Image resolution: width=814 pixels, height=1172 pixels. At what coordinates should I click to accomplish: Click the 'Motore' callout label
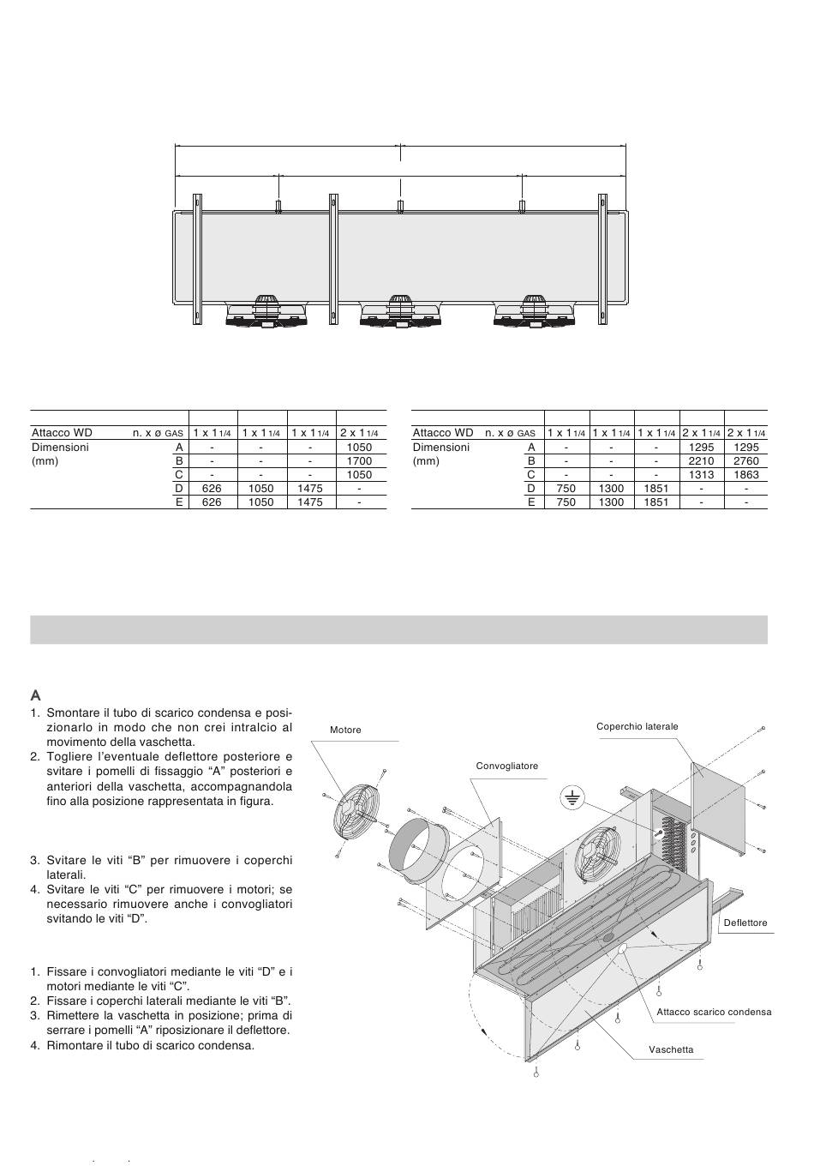(x=345, y=730)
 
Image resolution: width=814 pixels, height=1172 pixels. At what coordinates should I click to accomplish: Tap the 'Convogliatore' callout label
(x=507, y=766)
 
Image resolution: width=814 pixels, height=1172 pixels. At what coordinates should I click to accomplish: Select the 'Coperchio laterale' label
(x=637, y=726)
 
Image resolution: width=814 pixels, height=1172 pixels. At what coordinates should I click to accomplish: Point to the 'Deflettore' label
(x=745, y=923)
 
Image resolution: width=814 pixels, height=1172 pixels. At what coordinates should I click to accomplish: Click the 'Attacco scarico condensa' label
(x=714, y=1012)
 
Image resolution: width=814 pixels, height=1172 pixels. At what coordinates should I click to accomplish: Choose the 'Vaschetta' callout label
(x=671, y=1049)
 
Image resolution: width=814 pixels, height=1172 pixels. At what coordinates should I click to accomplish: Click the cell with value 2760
(x=746, y=460)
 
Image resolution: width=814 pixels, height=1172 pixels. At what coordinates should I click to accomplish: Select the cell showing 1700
(x=360, y=460)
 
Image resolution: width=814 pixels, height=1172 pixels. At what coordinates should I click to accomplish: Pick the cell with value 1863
(x=746, y=474)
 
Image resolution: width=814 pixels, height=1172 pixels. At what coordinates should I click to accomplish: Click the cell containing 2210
(x=701, y=460)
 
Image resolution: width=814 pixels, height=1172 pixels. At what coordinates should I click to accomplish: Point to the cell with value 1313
(x=701, y=474)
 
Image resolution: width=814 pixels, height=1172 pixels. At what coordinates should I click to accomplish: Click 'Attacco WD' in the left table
(x=62, y=433)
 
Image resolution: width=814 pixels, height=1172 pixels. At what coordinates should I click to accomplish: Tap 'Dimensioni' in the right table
(x=441, y=447)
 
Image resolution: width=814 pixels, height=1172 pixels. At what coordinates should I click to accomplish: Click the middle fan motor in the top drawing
(x=400, y=312)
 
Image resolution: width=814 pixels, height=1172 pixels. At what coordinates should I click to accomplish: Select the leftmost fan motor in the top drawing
(x=265, y=312)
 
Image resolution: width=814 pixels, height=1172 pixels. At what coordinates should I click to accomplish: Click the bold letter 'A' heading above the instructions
(x=36, y=695)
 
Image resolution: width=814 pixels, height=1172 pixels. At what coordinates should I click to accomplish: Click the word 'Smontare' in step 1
(x=75, y=713)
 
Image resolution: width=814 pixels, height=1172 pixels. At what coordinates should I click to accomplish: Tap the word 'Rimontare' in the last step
(x=76, y=1045)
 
